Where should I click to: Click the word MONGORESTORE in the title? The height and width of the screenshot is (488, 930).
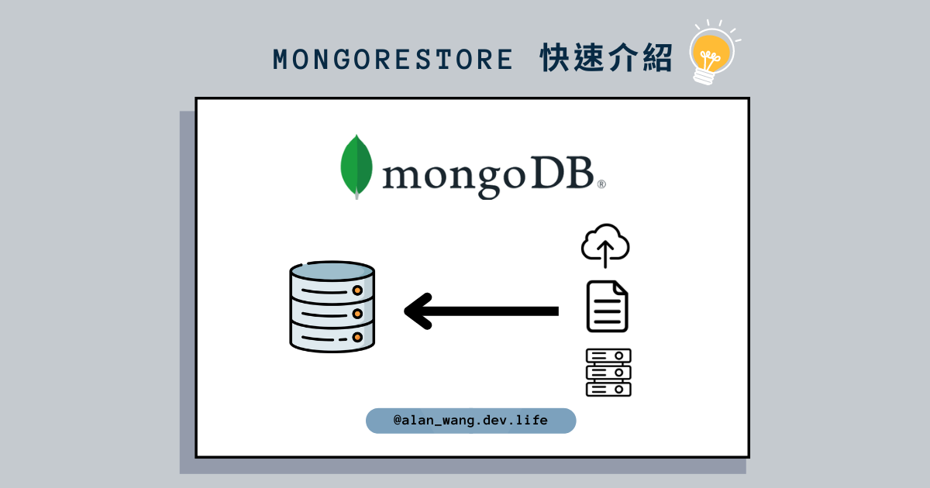(393, 60)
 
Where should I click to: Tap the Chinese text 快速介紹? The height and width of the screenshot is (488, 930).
(606, 59)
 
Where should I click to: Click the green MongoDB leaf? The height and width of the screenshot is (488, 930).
(356, 165)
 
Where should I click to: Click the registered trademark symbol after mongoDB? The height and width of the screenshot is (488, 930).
(601, 184)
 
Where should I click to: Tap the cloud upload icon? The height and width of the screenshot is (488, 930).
(605, 245)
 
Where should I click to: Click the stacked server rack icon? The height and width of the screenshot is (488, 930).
(608, 373)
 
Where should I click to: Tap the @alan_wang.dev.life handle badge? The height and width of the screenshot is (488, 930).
(470, 421)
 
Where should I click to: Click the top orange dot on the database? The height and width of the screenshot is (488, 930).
(357, 290)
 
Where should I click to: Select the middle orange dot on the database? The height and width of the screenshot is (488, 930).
(357, 314)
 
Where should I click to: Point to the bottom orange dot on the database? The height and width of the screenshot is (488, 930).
(357, 338)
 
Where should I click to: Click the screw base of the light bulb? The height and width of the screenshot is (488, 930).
(704, 76)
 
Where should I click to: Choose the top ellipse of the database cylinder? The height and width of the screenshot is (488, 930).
(332, 271)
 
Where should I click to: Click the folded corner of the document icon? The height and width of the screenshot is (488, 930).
(621, 289)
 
